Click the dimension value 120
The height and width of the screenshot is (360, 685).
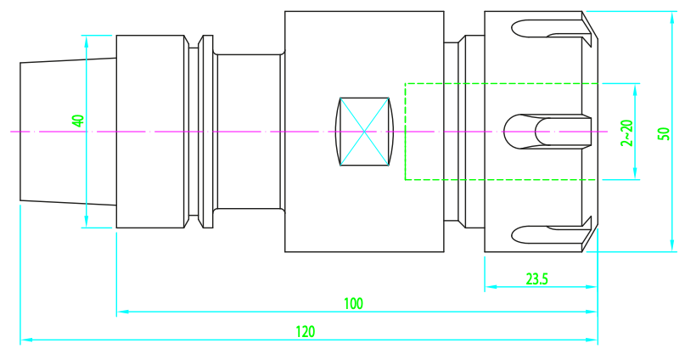pyautogui.click(x=306, y=332)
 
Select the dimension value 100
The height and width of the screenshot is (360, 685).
pyautogui.click(x=353, y=304)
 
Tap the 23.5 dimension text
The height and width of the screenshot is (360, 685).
pyautogui.click(x=537, y=278)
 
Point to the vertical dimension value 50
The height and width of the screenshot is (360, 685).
pyautogui.click(x=663, y=133)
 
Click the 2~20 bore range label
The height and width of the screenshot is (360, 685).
pyautogui.click(x=626, y=132)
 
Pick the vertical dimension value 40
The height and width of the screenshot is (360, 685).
pyautogui.click(x=78, y=121)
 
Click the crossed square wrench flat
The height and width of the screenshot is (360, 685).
pyautogui.click(x=364, y=132)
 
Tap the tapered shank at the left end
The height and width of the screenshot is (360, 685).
pyautogui.click(x=68, y=132)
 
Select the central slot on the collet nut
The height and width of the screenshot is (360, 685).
pyautogui.click(x=547, y=132)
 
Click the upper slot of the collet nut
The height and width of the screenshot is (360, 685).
pyautogui.click(x=547, y=28)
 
